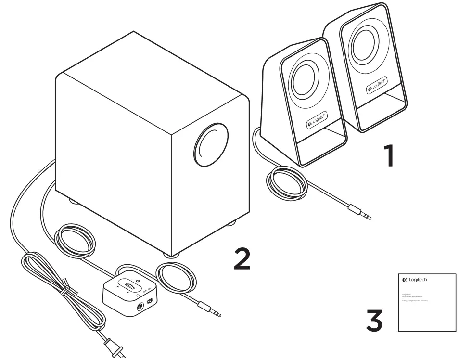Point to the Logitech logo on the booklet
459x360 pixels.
pos(414,280)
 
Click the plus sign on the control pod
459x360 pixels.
pos(117,286)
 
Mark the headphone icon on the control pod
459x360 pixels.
pos(138,295)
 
